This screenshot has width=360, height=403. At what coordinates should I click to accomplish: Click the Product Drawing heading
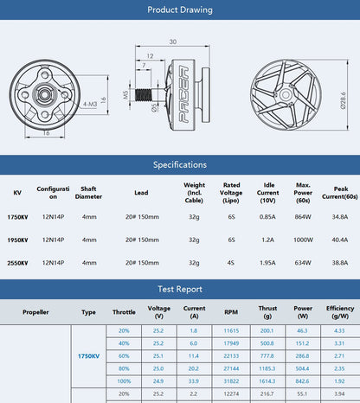click(179, 10)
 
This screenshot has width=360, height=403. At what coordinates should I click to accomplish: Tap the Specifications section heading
click(179, 164)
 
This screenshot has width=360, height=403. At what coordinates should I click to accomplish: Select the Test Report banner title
click(179, 290)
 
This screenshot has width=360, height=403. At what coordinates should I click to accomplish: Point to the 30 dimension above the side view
click(173, 42)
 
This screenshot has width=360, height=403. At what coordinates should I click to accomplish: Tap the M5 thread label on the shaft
click(125, 94)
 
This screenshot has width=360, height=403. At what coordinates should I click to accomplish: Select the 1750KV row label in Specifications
click(17, 218)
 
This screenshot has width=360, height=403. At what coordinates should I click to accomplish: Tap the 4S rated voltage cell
click(231, 262)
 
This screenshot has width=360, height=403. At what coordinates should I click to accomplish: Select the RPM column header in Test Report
click(231, 312)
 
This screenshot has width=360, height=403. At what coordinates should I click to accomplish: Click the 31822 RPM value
click(231, 380)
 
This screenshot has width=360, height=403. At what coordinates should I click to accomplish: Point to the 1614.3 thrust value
click(267, 380)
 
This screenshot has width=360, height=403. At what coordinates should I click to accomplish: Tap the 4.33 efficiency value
click(339, 330)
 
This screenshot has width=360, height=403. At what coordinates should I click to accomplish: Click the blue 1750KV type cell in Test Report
click(88, 355)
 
